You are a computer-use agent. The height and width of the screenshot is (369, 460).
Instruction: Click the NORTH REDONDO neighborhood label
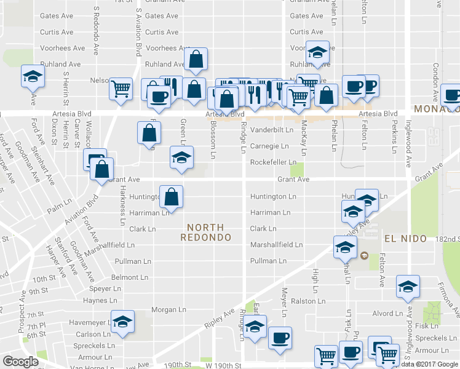[206, 232]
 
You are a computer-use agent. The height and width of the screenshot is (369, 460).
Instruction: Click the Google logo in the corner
[20, 362]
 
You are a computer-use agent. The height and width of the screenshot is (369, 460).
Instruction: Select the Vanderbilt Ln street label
[271, 130]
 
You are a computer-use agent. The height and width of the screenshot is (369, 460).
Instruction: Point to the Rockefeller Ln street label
[273, 162]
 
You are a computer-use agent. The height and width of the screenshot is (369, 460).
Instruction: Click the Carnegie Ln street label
[269, 146]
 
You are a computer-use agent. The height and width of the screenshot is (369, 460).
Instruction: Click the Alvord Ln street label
[387, 314]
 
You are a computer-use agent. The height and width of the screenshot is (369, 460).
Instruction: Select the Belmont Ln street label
[130, 277]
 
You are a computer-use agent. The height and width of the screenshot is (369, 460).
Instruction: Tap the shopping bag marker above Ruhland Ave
[196, 60]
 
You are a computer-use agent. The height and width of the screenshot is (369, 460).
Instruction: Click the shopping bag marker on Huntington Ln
[172, 197]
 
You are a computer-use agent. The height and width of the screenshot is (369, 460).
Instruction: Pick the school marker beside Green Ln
[181, 157]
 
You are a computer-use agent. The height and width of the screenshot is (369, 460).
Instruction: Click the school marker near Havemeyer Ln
[122, 322]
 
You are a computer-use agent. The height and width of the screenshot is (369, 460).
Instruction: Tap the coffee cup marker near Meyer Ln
[280, 338]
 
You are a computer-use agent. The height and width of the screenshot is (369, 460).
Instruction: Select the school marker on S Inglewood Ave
[407, 288]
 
